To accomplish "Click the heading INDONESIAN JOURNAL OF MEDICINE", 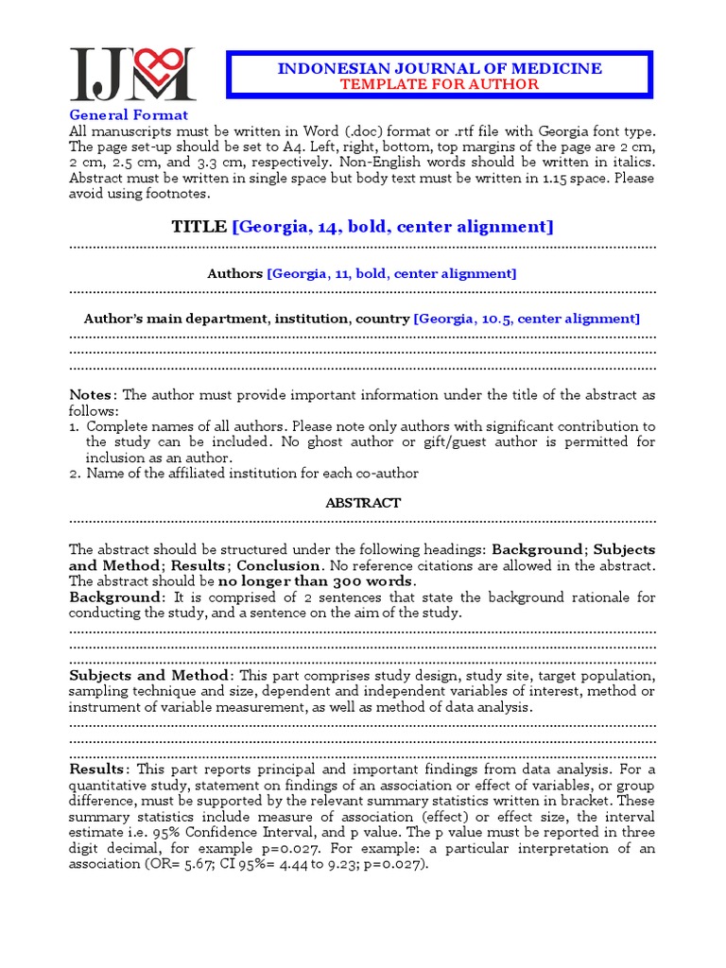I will [439, 68].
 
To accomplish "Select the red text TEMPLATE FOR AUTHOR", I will [440, 84].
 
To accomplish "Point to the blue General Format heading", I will [128, 115].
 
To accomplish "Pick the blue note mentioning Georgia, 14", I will [393, 227].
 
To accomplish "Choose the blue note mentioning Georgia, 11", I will [391, 273].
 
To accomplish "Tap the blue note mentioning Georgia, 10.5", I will [526, 319].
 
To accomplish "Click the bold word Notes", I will [92, 395].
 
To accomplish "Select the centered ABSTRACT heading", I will [363, 503].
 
